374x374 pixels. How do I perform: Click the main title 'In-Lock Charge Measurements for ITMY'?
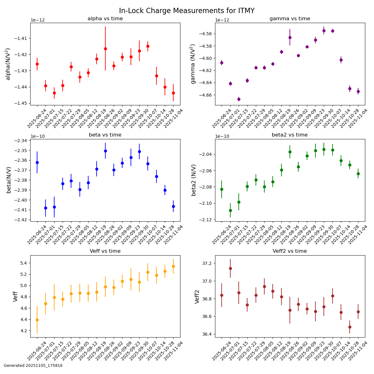point(187,11)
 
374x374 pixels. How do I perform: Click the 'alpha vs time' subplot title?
point(105,19)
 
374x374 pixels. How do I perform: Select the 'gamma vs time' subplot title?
point(290,19)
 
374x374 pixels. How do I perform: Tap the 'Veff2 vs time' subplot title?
point(290,251)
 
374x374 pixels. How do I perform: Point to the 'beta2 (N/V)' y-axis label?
point(194,180)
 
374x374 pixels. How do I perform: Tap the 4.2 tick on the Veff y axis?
point(23,331)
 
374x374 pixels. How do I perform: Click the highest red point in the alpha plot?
point(148,46)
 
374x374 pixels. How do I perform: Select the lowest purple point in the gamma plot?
point(239,99)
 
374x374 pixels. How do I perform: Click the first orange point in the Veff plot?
point(37,320)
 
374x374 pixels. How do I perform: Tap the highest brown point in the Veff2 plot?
point(230,268)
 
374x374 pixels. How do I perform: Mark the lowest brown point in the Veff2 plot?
point(350,327)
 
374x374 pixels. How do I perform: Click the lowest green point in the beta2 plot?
point(230,210)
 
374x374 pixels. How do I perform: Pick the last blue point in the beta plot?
point(173,206)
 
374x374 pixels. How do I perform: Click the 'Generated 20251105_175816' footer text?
point(33,366)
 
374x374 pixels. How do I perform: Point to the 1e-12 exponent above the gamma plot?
point(222,20)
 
